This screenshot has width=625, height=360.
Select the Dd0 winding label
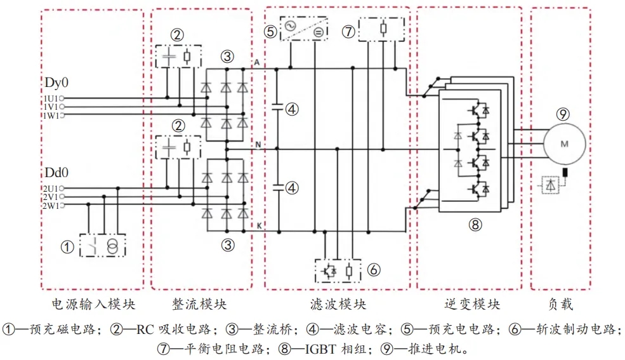point(55,173)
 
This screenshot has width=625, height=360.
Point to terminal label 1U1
point(50,98)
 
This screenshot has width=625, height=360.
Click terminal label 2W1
point(50,206)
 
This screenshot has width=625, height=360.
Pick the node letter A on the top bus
point(256,62)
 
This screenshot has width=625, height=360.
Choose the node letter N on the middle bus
point(258,145)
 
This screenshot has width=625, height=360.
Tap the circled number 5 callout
point(271,30)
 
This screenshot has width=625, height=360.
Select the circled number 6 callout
point(374,270)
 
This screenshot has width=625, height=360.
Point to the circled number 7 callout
point(348,30)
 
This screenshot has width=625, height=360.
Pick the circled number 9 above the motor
point(562,114)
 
